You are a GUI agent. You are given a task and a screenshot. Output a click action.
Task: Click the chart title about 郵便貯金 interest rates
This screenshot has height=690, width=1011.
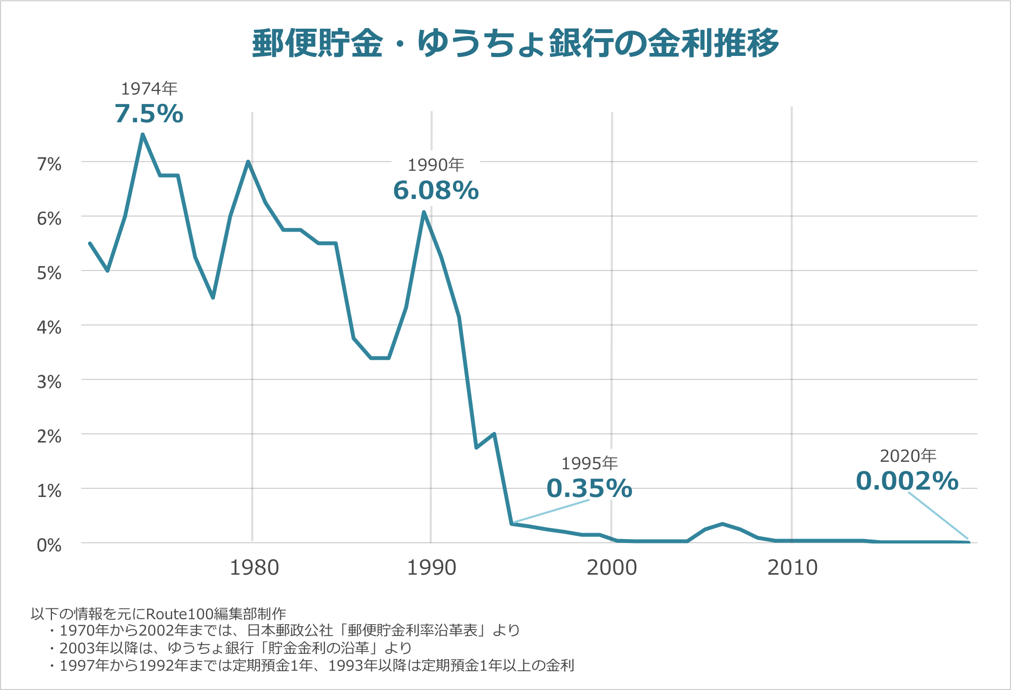(x=515, y=44)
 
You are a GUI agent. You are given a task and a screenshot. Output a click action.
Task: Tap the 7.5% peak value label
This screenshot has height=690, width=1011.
(x=149, y=114)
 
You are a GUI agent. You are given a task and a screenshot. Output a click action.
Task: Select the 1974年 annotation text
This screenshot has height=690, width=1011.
(x=149, y=89)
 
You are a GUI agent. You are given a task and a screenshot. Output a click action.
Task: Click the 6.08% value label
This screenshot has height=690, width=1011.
(x=436, y=191)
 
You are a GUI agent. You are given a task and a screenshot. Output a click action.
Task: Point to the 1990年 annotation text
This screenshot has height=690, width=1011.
(x=436, y=165)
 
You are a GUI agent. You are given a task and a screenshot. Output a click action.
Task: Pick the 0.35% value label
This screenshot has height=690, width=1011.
(x=589, y=489)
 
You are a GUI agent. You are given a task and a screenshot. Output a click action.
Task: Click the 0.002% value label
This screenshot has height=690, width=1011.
(x=907, y=481)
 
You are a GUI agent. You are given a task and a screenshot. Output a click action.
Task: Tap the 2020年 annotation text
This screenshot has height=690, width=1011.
(x=908, y=456)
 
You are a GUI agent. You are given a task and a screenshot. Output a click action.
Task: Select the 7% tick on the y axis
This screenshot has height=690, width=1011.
(x=49, y=164)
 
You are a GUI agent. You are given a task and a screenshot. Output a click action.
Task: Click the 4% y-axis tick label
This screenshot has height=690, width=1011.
(x=49, y=327)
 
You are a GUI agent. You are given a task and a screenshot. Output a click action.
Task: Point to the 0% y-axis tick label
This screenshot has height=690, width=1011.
(x=49, y=545)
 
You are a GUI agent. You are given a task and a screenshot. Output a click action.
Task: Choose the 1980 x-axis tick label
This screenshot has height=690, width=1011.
(x=254, y=568)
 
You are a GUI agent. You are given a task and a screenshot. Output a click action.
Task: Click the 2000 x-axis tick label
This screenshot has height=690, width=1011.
(x=612, y=568)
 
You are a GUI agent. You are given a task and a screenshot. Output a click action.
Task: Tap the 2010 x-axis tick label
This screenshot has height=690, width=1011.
(x=792, y=568)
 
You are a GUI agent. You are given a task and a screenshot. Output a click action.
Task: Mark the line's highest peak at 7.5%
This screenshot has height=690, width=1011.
(x=143, y=135)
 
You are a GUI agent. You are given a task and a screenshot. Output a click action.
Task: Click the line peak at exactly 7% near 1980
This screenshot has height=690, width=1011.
(x=248, y=162)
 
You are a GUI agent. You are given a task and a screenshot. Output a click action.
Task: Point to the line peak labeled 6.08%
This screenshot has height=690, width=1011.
(x=424, y=212)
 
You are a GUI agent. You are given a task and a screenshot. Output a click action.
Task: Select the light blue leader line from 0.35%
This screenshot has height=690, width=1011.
(x=551, y=511)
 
